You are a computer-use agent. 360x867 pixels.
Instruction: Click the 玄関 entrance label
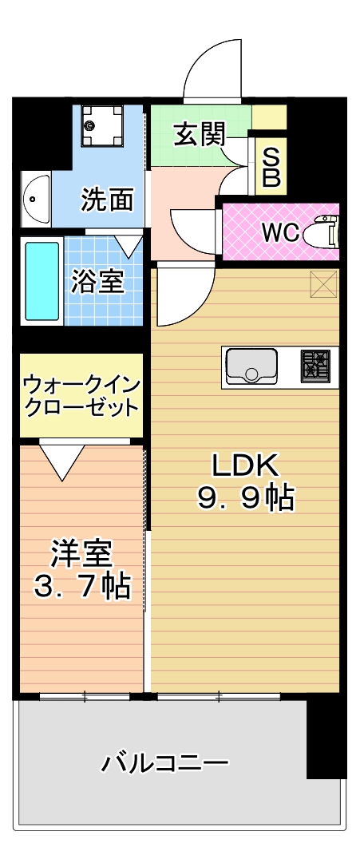point(200,134)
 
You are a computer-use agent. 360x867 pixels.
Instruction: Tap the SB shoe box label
point(271,167)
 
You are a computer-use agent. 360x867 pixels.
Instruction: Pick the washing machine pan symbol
point(101,125)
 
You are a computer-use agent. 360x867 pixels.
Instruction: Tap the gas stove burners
point(315,366)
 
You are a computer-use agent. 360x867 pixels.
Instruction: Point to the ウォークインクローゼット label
point(81,395)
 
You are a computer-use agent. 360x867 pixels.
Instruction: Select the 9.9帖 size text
point(245,498)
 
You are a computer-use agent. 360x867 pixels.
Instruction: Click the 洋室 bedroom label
point(82,555)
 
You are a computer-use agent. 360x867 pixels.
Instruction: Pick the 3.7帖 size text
point(82,587)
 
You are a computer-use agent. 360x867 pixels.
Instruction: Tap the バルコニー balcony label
point(164,763)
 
